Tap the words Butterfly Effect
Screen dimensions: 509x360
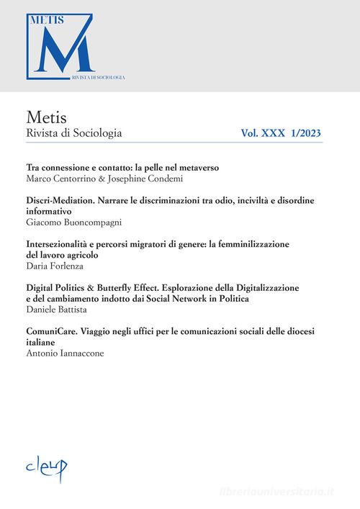[x=125, y=287]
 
